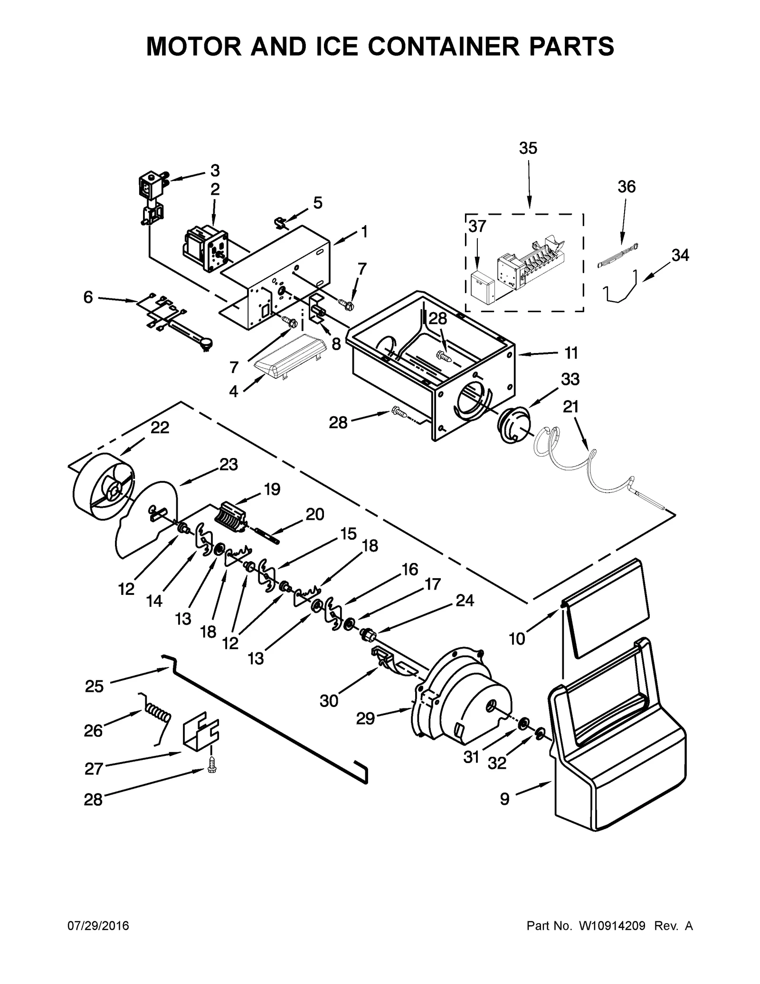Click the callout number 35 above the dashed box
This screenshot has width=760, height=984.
[x=528, y=148]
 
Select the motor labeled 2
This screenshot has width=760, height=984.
[x=205, y=247]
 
